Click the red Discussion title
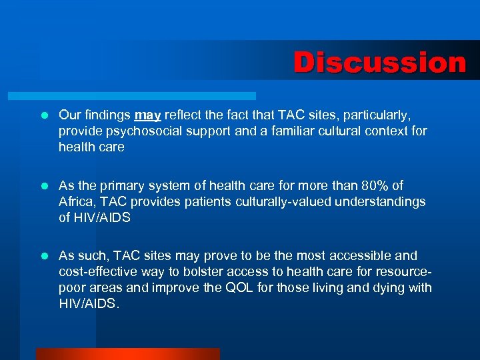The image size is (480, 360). pyautogui.click(x=379, y=63)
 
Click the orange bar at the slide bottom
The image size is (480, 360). pyautogui.click(x=127, y=354)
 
